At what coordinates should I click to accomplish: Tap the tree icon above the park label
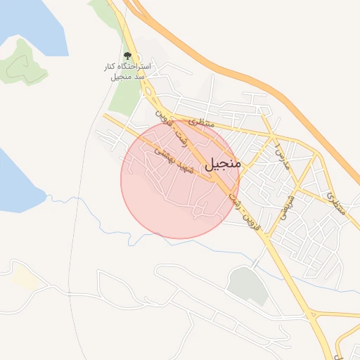pyautogui.click(x=127, y=56)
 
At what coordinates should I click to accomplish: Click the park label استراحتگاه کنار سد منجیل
pyautogui.click(x=127, y=70)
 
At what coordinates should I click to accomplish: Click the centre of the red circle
pyautogui.click(x=180, y=179)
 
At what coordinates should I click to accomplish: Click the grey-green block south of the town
pyautogui.click(x=247, y=285)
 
